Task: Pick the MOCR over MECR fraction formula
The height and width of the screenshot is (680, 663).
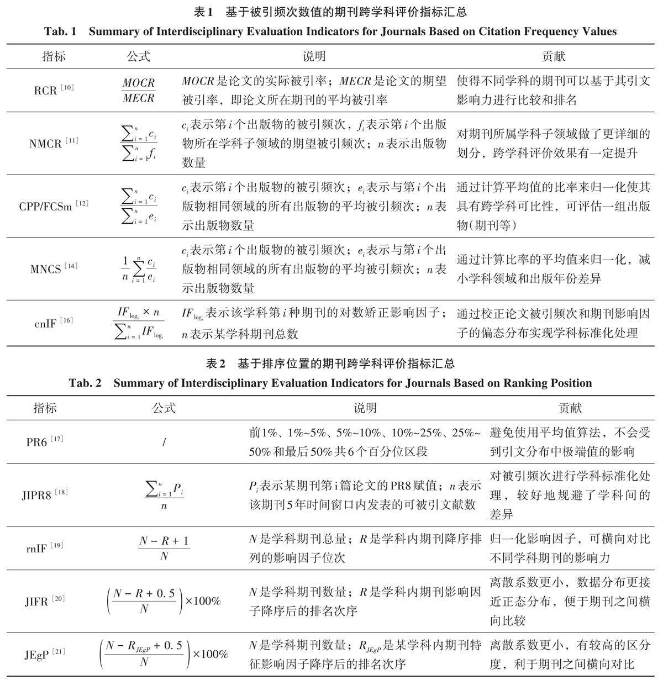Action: coord(139,90)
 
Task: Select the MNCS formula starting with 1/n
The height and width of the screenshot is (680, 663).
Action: coord(139,269)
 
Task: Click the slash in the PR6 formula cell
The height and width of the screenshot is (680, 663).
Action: coord(164,442)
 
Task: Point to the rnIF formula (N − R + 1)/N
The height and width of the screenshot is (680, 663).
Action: coord(164,548)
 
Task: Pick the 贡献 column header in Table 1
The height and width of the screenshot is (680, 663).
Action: coord(554,56)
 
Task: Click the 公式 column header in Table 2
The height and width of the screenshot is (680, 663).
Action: coord(164,408)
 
